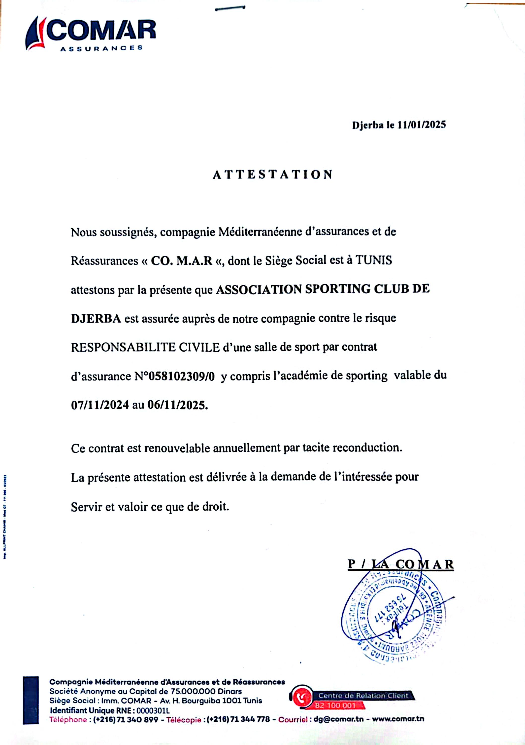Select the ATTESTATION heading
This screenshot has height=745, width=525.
coord(273,175)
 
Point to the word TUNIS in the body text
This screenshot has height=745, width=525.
coord(374,260)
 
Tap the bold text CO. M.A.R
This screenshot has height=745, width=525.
coord(182,261)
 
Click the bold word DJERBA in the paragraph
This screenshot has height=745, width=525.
coord(96,319)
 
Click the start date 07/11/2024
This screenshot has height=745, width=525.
coord(100,405)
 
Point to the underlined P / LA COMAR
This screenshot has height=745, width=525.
coord(401,564)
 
